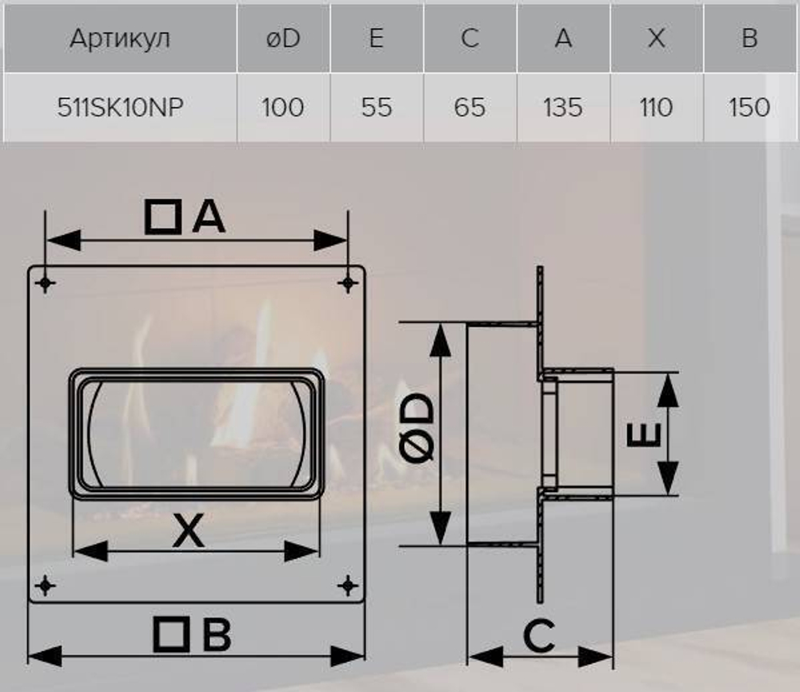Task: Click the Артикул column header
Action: (120, 38)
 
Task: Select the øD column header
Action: (283, 38)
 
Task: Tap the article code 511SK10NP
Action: (120, 107)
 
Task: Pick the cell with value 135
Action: (562, 107)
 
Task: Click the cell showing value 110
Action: (656, 107)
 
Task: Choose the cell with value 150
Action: (749, 107)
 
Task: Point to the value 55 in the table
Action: (376, 107)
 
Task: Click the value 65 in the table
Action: (470, 107)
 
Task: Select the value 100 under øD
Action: (283, 107)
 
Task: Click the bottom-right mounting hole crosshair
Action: (347, 586)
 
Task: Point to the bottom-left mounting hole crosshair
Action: (46, 586)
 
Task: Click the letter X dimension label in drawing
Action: (189, 530)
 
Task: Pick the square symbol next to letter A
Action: (163, 217)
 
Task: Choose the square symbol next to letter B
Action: (171, 635)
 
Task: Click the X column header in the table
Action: (656, 38)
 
